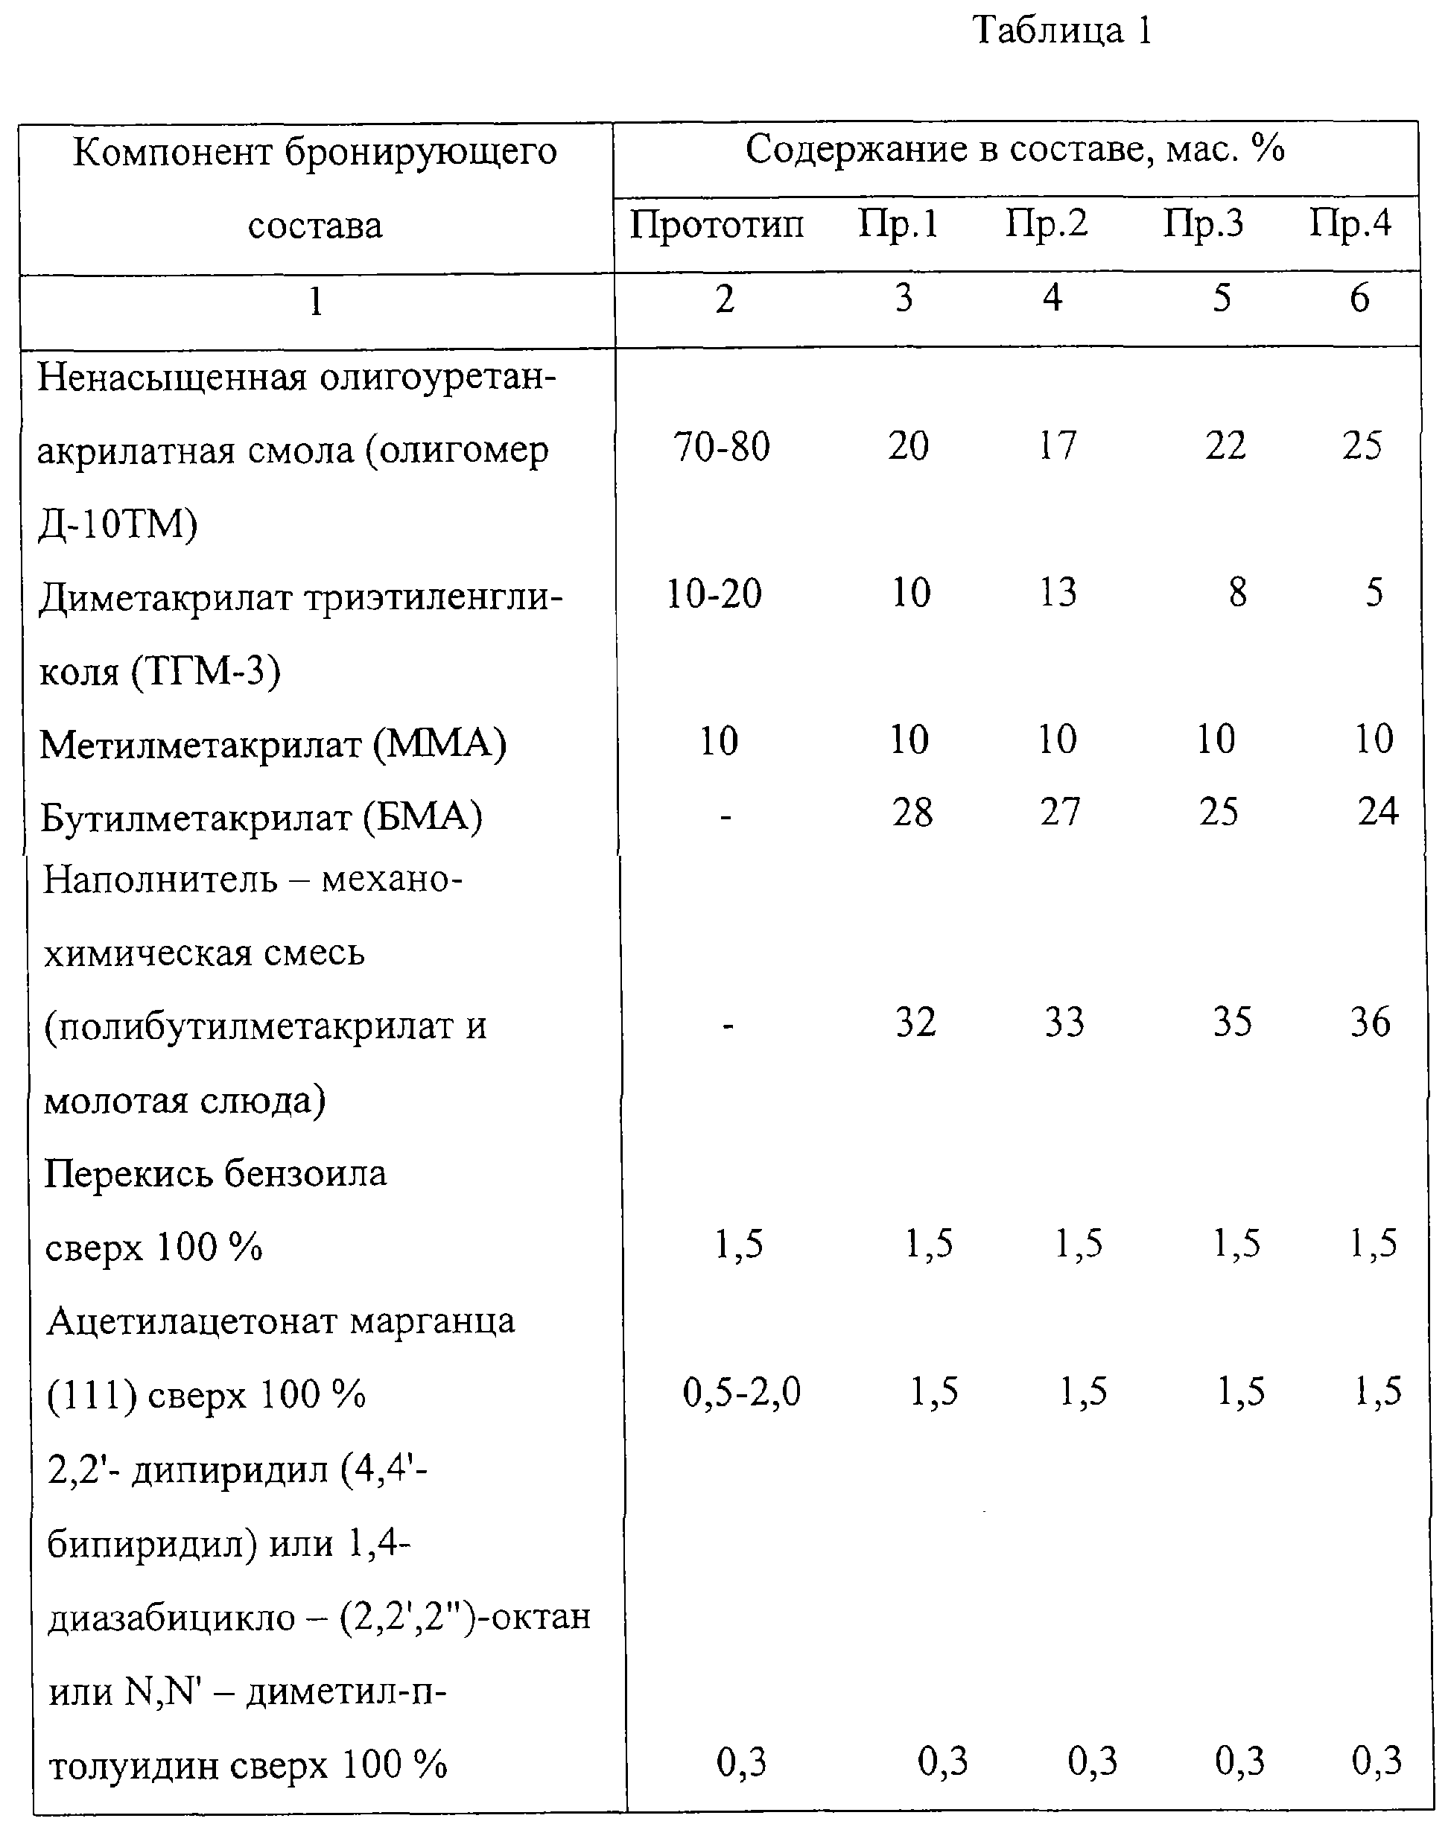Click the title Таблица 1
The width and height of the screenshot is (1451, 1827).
point(1062,31)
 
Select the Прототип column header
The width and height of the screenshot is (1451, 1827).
point(716,226)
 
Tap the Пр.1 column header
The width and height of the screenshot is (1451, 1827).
point(898,226)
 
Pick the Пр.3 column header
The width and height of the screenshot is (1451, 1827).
point(1203,226)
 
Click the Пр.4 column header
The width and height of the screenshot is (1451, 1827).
point(1350,226)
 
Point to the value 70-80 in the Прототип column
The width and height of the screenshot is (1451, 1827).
point(722,447)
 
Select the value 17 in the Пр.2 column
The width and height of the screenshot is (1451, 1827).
point(1057,447)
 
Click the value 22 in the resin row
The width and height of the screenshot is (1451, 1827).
point(1225,447)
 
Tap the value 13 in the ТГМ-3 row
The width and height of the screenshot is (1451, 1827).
point(1058,592)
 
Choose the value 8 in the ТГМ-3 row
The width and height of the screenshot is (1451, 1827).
point(1237,592)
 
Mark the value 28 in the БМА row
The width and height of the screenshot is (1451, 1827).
point(912,813)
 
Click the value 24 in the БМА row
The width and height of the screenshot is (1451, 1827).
point(1378,813)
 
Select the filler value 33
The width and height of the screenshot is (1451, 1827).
point(1064,1022)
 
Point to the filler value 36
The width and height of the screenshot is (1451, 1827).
point(1371,1022)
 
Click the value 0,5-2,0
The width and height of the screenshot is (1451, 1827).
point(742,1393)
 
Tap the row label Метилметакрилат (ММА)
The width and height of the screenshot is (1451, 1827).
point(273,745)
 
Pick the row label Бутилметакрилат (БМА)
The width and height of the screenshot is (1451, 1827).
point(261,819)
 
